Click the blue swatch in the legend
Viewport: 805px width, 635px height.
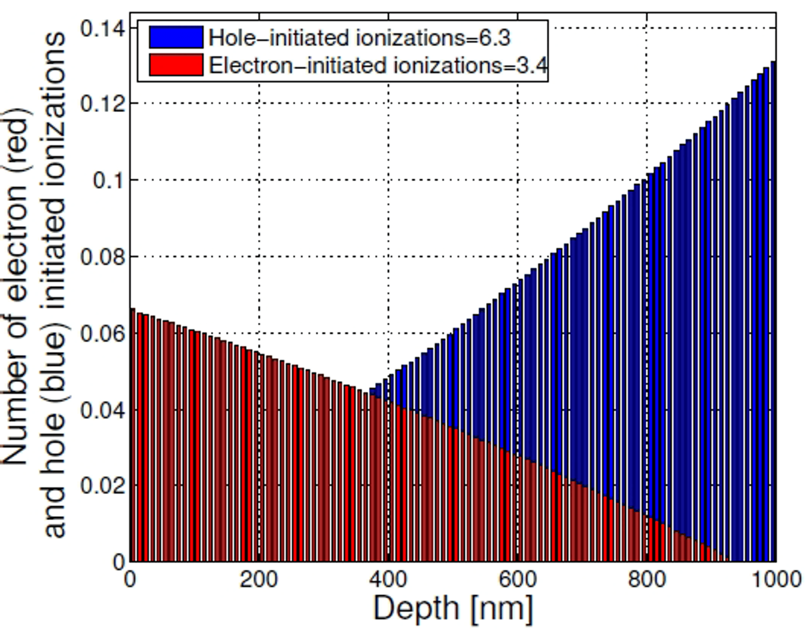(176, 37)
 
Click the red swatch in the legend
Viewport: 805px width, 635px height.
(176, 65)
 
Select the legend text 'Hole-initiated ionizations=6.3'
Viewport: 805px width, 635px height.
(359, 38)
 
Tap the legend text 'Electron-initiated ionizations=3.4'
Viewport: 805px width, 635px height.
(378, 66)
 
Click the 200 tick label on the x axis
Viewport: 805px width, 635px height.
(259, 580)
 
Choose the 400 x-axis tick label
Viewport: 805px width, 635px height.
(388, 580)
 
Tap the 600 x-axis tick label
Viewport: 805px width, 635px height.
(518, 580)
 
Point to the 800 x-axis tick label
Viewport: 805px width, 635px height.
(647, 580)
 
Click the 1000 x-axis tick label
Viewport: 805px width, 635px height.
(776, 580)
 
